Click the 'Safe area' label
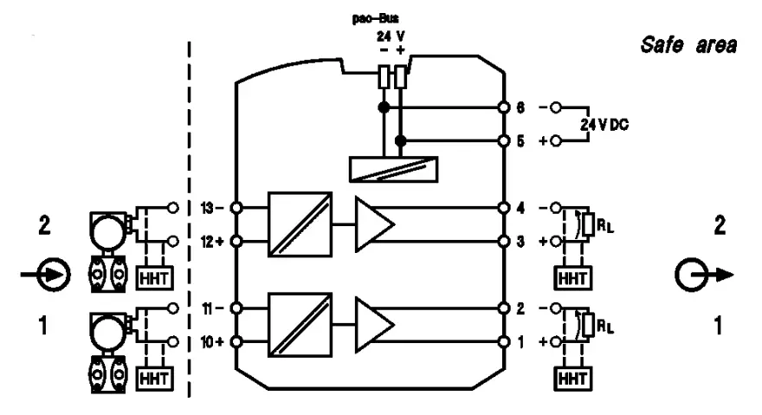tap(688, 43)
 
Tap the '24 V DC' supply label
tap(605, 124)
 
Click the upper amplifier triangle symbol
tap(375, 224)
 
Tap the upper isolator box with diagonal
tap(300, 224)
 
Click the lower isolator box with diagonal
tap(300, 325)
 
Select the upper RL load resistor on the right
tap(590, 224)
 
